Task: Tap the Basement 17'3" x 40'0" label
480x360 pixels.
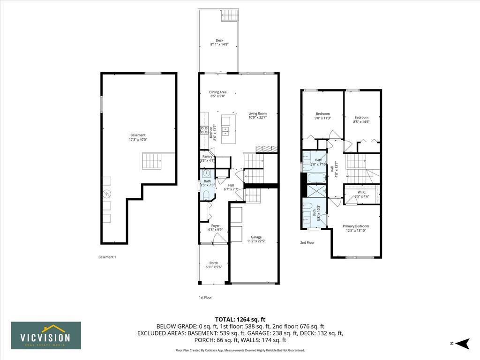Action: click(x=137, y=137)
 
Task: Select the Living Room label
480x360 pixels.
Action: click(x=257, y=115)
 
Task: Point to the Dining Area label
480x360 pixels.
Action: click(x=217, y=94)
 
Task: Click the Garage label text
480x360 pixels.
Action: click(x=256, y=239)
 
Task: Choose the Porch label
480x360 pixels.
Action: click(x=214, y=265)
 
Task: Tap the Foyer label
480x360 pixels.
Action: click(x=215, y=228)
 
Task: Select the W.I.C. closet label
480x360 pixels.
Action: click(x=361, y=194)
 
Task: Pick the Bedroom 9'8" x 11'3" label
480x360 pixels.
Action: click(x=322, y=116)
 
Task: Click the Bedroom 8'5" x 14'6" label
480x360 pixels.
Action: click(x=361, y=120)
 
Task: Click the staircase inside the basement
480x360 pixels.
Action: click(x=152, y=161)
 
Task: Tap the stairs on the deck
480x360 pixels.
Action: click(x=230, y=15)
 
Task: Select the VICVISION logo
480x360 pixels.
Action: click(x=46, y=335)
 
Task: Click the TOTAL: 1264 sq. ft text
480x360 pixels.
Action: click(x=240, y=319)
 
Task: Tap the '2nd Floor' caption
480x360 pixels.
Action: click(x=307, y=243)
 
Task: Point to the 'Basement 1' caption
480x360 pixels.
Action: click(x=107, y=257)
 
